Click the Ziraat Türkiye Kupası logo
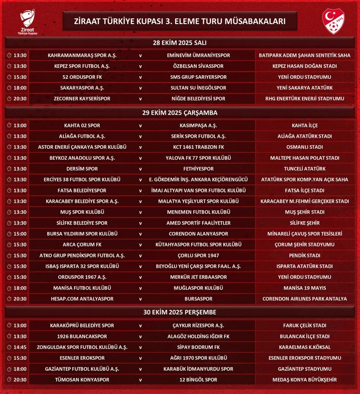click(28, 22)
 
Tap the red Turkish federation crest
click(333, 21)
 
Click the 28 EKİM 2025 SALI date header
click(180, 43)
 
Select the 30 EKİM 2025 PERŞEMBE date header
click(180, 312)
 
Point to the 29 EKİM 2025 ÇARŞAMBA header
click(180, 113)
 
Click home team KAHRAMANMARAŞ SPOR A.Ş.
click(79, 56)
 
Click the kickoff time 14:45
click(20, 347)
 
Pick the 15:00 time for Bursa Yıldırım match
click(20, 234)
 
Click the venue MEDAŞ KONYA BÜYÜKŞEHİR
click(304, 380)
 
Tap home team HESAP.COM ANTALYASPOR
click(79, 299)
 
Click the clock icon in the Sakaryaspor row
click(10, 88)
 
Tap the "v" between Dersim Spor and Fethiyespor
click(140, 169)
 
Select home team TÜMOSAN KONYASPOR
click(79, 380)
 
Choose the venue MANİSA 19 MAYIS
click(304, 288)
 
